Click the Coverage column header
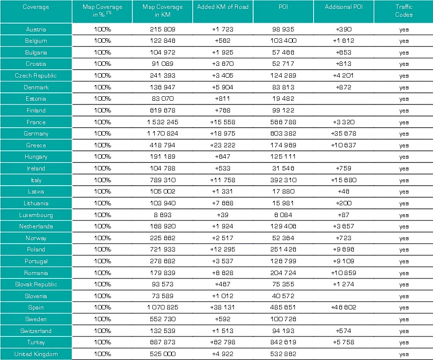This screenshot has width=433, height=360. point(36,7)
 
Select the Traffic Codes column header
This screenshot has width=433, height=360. point(404,11)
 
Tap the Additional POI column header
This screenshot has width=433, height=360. point(344,7)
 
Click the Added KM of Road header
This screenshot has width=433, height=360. point(223,7)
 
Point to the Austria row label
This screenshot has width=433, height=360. point(36,29)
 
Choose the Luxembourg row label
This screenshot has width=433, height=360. point(36,215)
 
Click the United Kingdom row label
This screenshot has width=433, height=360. point(36,354)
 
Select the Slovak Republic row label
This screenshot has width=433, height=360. point(36,284)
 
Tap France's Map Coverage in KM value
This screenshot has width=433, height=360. point(163,122)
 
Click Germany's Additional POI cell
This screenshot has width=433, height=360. point(344,134)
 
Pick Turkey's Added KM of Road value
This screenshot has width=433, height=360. point(223,343)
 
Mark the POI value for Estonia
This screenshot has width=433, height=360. point(283,99)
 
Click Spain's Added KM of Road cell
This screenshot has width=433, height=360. point(223,308)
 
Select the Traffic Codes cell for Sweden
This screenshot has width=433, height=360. point(404,320)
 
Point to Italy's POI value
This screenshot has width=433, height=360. point(283,180)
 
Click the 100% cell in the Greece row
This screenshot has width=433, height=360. point(102,145)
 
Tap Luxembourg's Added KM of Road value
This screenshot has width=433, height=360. point(223,215)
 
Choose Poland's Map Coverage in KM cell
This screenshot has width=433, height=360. point(163,249)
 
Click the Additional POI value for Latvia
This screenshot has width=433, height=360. point(344,192)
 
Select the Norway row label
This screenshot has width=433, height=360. point(36,238)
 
